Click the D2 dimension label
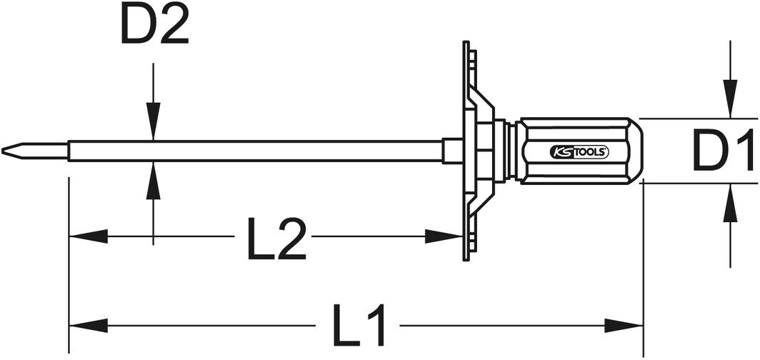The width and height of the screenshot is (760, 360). click(154, 25)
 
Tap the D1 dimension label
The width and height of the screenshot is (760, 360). click(723, 151)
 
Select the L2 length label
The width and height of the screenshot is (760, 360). click(276, 239)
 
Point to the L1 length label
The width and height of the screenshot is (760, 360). click(359, 324)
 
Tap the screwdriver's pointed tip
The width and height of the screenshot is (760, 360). click(2, 150)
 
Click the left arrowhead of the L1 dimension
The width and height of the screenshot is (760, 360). click(89, 326)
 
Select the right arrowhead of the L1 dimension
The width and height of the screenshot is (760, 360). click(624, 326)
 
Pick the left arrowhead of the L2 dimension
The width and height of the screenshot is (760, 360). click(89, 236)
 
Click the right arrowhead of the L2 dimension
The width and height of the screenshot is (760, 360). click(443, 236)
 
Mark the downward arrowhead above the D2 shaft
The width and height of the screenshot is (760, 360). click(153, 121)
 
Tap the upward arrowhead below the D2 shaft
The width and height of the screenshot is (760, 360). click(153, 180)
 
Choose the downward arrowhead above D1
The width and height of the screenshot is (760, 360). click(730, 99)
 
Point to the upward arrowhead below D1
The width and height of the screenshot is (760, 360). click(730, 203)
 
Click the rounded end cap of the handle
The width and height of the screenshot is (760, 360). click(636, 151)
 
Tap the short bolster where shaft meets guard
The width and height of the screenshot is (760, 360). click(452, 151)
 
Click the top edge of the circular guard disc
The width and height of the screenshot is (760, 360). click(466, 43)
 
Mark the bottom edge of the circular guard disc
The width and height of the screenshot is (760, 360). click(466, 259)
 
